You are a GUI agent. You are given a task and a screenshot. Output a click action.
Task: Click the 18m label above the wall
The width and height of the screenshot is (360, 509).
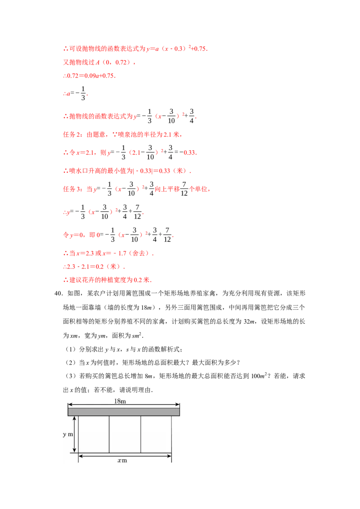click(x=120, y=401)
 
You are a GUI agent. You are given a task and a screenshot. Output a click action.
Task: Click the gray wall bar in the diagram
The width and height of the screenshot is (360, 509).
click(x=124, y=411)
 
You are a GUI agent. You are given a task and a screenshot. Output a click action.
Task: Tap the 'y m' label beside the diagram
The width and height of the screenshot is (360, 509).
click(x=68, y=434)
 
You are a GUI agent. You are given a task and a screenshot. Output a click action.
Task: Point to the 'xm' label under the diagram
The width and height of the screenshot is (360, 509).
click(x=122, y=460)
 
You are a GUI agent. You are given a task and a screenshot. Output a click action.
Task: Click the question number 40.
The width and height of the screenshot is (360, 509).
click(x=58, y=294)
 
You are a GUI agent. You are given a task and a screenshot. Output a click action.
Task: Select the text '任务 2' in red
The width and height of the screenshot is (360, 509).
click(x=73, y=134)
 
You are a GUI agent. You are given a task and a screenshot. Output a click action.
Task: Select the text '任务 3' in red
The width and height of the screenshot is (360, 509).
click(x=73, y=189)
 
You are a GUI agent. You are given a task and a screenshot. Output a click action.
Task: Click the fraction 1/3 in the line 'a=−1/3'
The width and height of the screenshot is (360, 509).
click(x=83, y=93)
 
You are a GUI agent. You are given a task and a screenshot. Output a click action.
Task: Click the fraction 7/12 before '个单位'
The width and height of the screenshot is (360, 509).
click(x=184, y=188)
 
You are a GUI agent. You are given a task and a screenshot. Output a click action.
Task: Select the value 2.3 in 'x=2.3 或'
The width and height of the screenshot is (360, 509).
click(x=90, y=253)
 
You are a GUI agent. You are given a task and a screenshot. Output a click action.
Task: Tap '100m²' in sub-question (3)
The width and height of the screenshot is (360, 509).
click(x=259, y=376)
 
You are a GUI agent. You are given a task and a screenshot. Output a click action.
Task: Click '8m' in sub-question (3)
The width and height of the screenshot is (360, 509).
click(x=148, y=376)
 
